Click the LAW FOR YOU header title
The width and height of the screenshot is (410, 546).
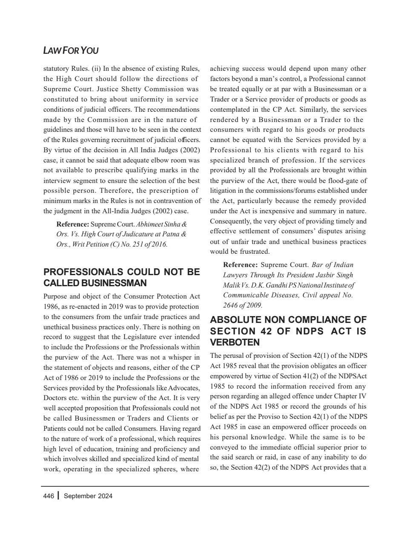(71, 51)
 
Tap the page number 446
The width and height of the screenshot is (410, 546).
(49, 496)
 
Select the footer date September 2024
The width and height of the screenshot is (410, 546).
(88, 496)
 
